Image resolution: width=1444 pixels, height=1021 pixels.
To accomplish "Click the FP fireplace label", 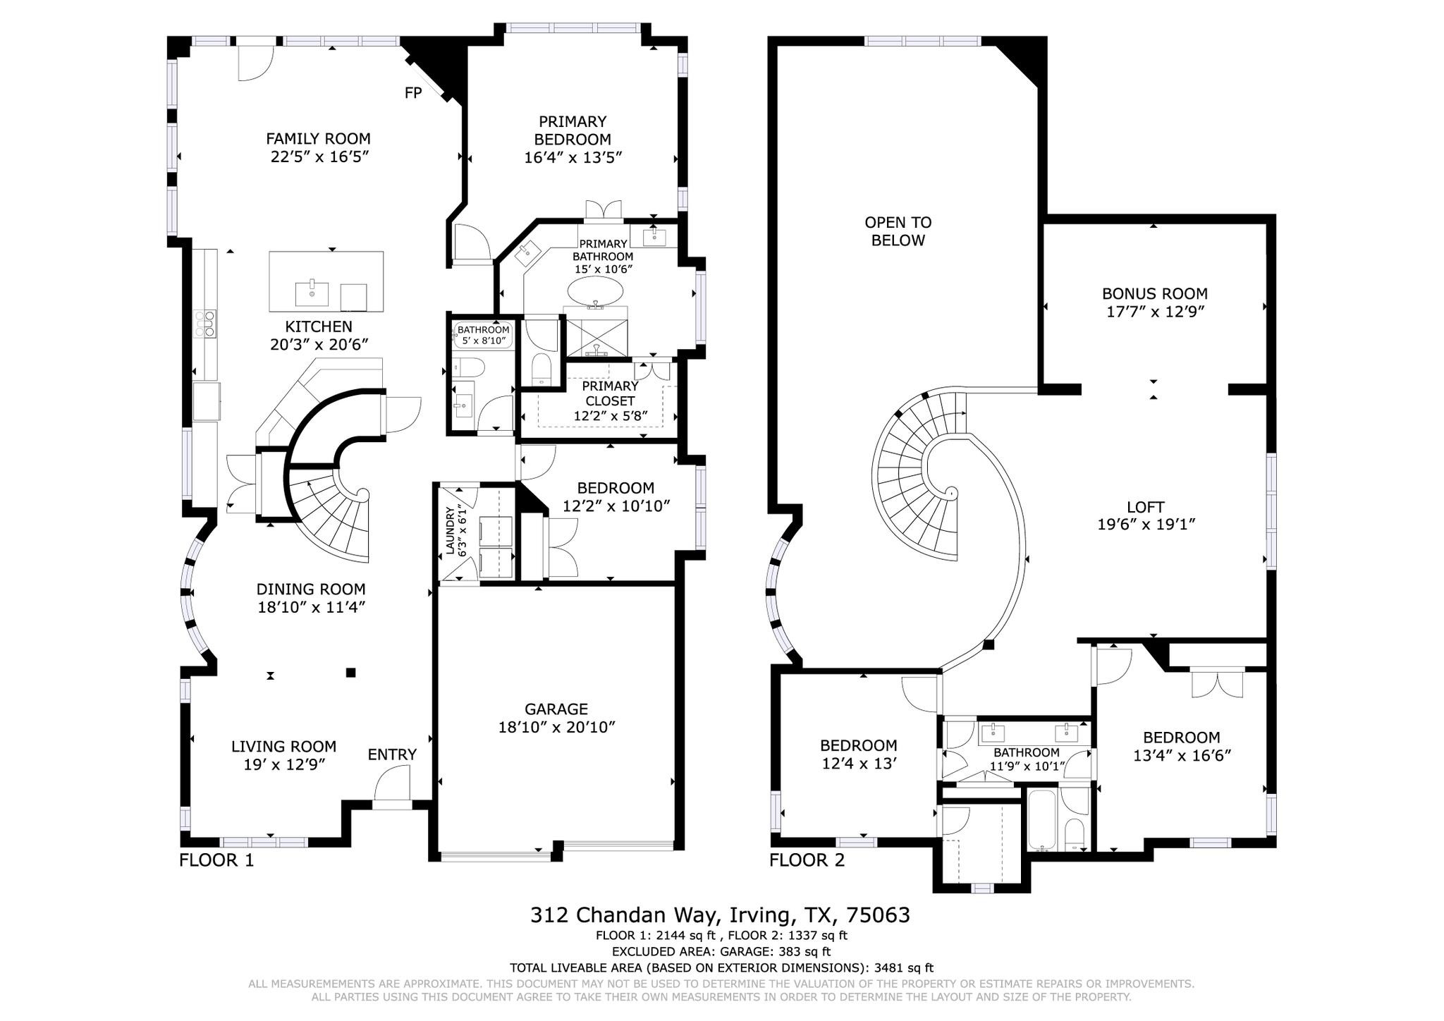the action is click(412, 92).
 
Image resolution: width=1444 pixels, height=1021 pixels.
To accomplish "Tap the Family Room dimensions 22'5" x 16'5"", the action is click(319, 157).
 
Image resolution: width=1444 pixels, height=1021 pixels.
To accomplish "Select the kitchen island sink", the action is click(312, 293).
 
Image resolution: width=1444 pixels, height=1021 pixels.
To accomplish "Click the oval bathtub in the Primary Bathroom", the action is click(596, 290).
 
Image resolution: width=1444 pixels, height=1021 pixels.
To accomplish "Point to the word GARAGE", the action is click(556, 709).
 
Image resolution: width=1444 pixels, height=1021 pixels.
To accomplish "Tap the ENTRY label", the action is click(392, 754).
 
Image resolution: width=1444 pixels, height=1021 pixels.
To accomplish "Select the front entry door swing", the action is click(392, 784).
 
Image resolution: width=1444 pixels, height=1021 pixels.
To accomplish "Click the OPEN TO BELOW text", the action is click(898, 231).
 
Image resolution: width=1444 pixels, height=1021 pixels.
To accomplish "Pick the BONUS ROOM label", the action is click(1154, 293).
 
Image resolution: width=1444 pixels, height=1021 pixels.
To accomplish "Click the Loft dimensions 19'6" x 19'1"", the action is click(1146, 525).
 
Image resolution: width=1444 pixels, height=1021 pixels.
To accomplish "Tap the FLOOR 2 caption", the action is click(807, 860).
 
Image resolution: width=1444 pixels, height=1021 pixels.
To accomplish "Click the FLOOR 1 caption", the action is click(216, 860).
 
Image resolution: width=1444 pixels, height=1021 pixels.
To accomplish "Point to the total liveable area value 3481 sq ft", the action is click(904, 968).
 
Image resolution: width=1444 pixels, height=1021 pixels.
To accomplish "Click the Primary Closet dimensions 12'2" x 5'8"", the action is click(611, 416).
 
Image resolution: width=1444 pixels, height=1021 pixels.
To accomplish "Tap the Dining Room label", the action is click(311, 589).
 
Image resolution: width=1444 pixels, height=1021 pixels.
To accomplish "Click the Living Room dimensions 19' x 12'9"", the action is click(284, 764).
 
